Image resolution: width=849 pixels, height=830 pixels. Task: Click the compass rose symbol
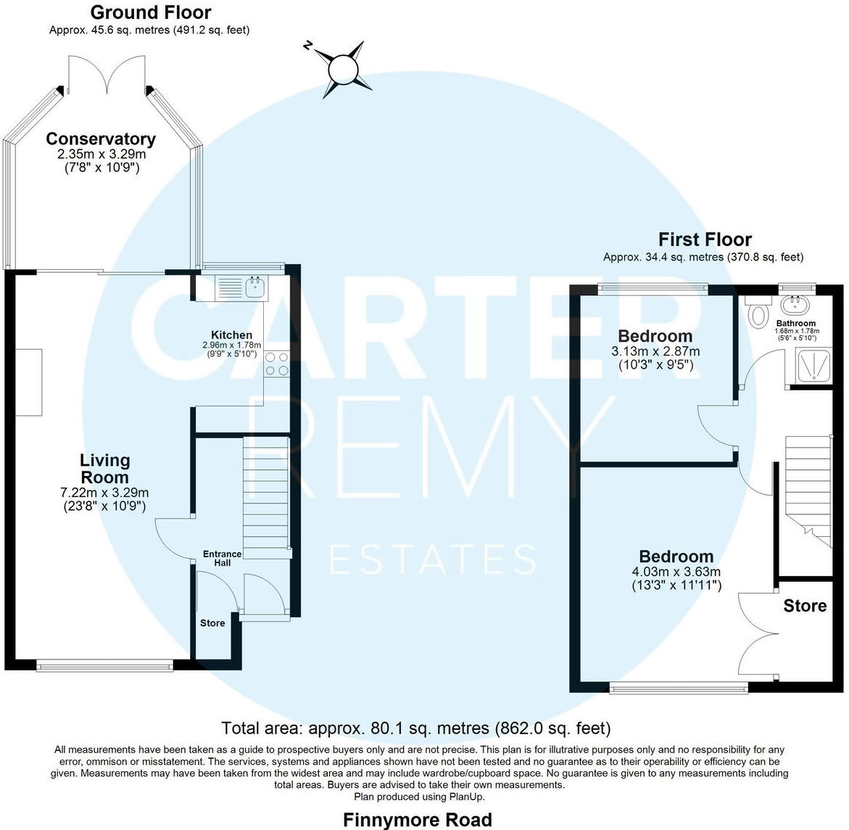(x=343, y=70)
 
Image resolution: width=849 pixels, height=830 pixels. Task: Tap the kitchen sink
(x=255, y=287)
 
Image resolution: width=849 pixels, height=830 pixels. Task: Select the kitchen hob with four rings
(x=276, y=363)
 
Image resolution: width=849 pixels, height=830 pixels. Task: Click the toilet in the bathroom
(x=758, y=313)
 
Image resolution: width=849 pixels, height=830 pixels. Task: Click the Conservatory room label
(x=101, y=139)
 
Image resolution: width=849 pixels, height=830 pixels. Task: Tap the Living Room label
(x=105, y=469)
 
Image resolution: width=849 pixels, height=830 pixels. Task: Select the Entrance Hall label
(x=222, y=559)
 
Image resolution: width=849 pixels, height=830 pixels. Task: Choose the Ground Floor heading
(x=151, y=12)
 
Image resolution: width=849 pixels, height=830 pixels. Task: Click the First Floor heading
(x=705, y=239)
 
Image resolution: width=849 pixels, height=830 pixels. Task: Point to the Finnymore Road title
(x=417, y=820)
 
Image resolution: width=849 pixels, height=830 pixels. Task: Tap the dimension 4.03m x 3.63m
(x=676, y=572)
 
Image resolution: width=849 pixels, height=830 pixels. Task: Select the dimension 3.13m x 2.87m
(x=655, y=351)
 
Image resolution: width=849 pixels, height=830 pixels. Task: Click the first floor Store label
(x=805, y=606)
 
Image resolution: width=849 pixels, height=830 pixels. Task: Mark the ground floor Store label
(x=212, y=622)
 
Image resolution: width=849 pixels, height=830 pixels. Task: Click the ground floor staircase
(x=265, y=493)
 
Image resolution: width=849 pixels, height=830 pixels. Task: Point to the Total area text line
(x=415, y=728)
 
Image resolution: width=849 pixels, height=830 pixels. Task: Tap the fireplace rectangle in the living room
(x=29, y=382)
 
